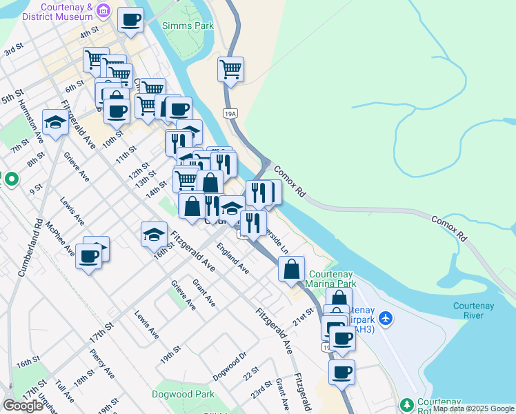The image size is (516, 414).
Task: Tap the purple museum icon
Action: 103,10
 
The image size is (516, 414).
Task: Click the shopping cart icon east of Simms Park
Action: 230,69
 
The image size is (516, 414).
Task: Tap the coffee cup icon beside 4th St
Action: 130,20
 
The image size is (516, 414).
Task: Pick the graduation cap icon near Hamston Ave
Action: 54,122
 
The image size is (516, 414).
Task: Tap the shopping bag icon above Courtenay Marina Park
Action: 292,269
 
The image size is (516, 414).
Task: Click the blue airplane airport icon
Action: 385,318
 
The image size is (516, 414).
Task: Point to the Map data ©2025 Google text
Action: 473,408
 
